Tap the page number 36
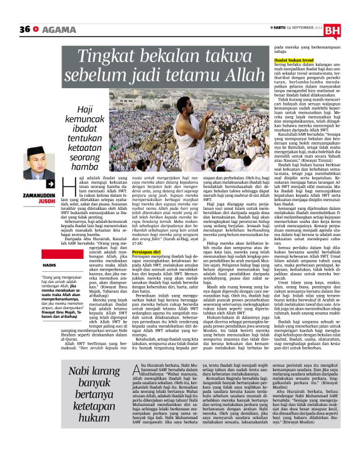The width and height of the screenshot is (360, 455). click(25, 29)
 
